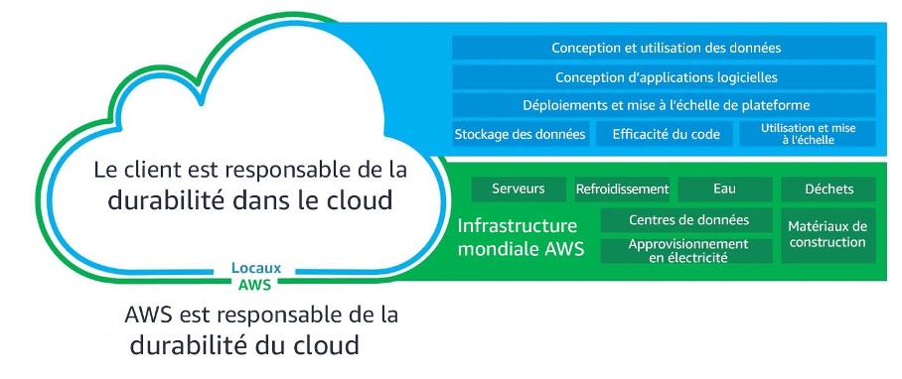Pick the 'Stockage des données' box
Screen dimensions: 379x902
pyautogui.click(x=521, y=134)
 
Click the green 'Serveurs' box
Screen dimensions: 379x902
pyautogui.click(x=518, y=189)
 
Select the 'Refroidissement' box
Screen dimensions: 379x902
pyautogui.click(x=623, y=189)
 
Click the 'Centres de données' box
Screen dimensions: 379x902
pyautogui.click(x=688, y=220)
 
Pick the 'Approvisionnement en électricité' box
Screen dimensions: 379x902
pyautogui.click(x=688, y=250)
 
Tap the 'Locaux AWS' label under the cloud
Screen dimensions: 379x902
pyautogui.click(x=255, y=274)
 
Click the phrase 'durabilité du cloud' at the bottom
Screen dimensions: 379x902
pyautogui.click(x=243, y=347)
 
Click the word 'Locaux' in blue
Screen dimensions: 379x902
pyautogui.click(x=255, y=267)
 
